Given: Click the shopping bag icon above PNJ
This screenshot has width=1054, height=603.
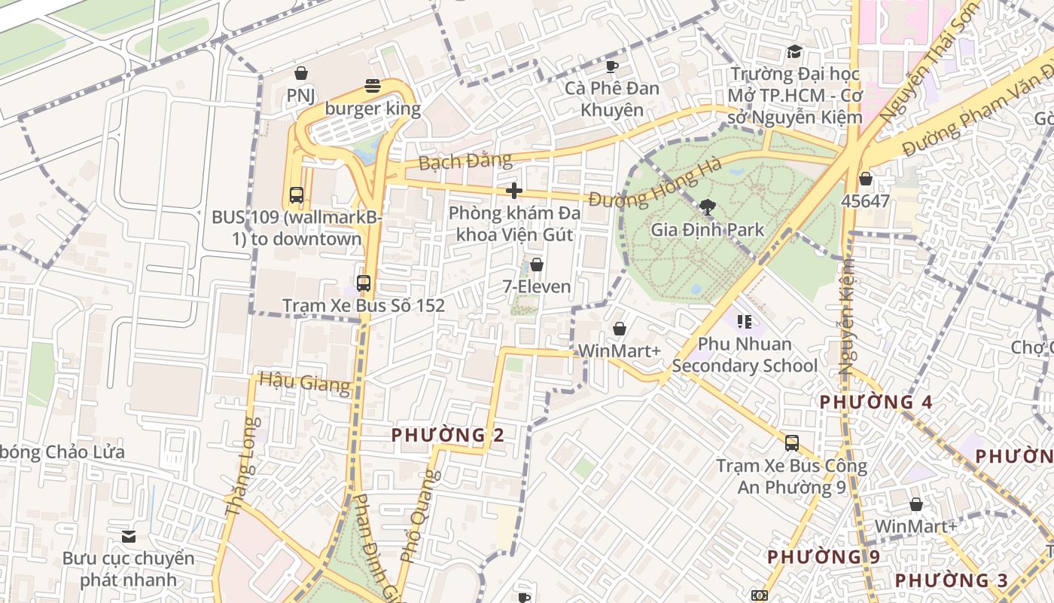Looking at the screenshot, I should pos(301,73).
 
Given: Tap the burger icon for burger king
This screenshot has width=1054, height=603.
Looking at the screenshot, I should pos(373,85).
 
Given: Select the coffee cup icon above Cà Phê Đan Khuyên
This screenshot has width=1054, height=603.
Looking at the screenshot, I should pos(612,66).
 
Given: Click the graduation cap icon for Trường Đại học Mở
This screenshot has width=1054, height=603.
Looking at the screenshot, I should pos(794,52).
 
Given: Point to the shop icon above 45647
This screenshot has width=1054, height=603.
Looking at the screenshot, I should pos(866,179).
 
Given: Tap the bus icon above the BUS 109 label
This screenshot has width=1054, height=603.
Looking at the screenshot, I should pos(297,194).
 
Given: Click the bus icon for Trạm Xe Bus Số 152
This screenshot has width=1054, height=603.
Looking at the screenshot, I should pos(364,283).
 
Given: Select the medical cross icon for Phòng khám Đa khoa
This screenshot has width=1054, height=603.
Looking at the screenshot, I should pos(514,191).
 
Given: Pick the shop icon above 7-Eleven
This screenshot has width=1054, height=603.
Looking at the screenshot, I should pos(537,265).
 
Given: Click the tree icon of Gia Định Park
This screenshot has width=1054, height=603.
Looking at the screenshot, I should pos(707,207).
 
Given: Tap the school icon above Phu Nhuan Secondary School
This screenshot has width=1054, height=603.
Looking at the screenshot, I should pos(745,322).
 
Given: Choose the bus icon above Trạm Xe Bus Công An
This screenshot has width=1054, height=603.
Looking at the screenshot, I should pos(791,443).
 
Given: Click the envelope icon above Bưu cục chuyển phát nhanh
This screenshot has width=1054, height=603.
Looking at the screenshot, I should pos(128,537).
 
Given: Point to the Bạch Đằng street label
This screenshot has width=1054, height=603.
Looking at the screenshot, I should pos(465,161).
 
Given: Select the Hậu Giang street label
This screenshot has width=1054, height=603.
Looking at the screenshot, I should pos(304,383).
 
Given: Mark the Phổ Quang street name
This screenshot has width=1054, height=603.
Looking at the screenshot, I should pos(419,516).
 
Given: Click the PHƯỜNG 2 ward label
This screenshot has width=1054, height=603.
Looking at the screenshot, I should pos(447,435).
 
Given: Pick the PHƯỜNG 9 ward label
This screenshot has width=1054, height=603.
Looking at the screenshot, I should pos(823,557).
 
